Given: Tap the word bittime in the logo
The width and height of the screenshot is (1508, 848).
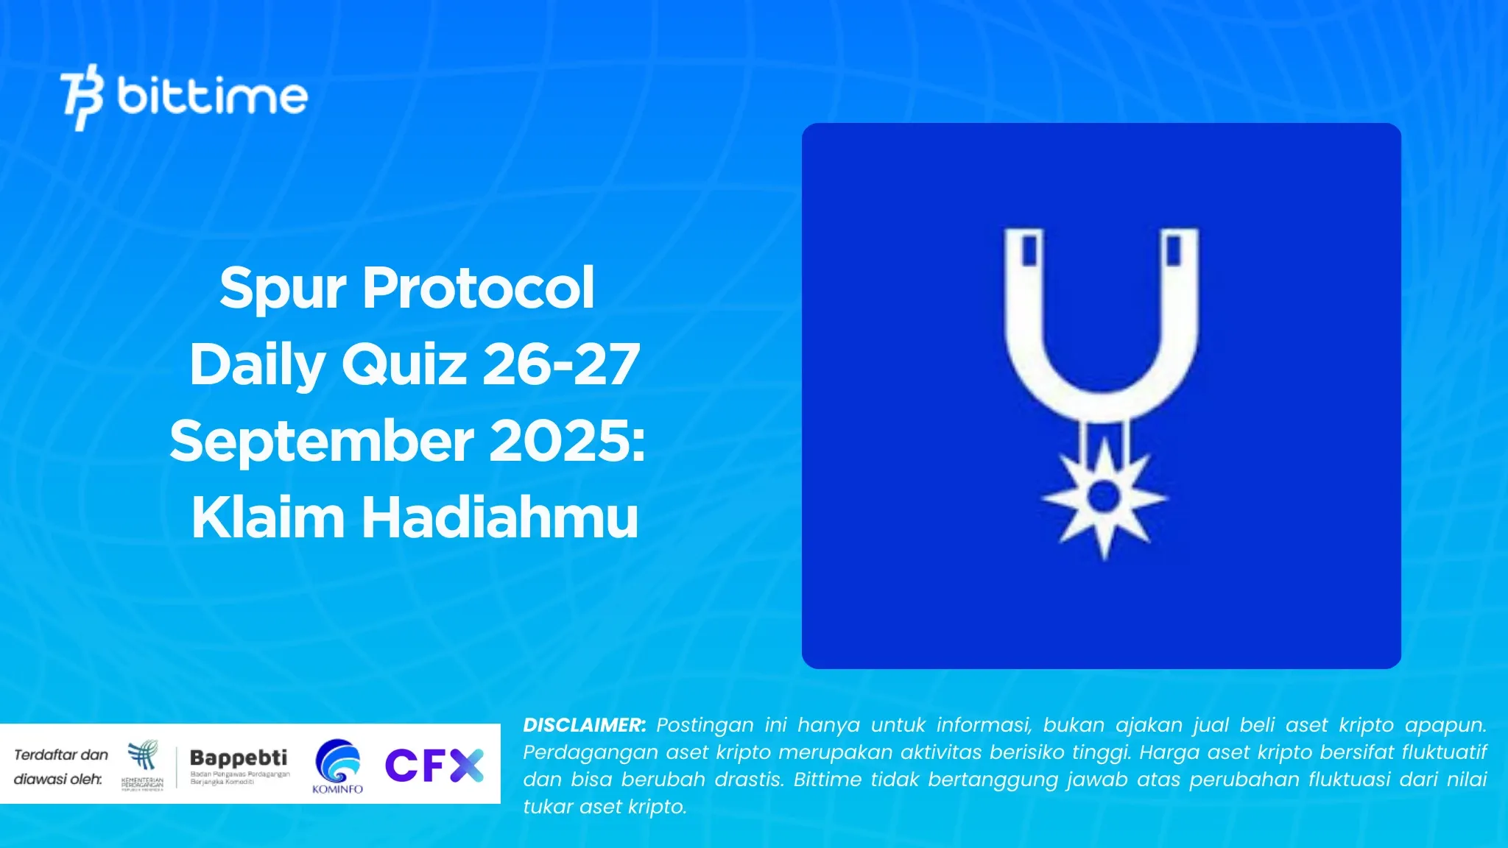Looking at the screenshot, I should pos(212,96).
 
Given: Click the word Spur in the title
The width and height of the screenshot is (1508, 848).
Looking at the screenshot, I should pos(282,289).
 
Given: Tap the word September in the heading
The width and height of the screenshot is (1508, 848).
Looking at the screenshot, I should pos(322,442).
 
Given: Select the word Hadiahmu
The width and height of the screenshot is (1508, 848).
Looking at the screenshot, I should pos(499,517).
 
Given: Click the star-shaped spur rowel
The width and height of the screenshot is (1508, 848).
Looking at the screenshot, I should pos(1104,498).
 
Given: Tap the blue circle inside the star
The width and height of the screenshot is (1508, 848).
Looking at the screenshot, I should pos(1104,497).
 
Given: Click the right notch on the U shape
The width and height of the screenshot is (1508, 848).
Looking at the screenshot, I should pos(1174,250).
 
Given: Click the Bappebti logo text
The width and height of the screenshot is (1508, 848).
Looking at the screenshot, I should pos(239,758).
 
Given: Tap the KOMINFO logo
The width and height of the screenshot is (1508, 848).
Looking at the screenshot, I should pos(338,766).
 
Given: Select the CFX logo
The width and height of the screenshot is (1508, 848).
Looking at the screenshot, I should pos(434,765).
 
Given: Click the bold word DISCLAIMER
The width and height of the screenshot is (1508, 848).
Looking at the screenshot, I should pos(584,725).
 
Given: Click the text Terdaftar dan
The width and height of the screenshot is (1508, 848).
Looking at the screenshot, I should pos(61,755).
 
